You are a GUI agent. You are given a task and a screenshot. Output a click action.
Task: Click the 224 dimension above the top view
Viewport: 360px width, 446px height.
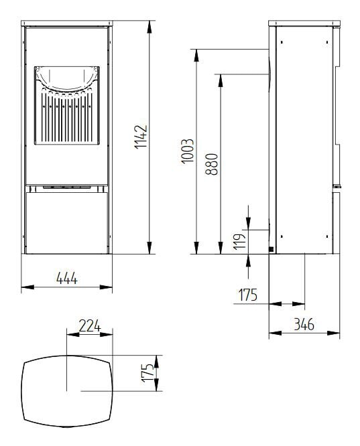click(89, 326)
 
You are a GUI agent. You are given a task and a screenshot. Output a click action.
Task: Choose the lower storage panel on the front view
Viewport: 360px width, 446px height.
click(67, 221)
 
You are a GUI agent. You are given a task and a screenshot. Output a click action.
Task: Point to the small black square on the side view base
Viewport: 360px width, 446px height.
click(271, 250)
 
